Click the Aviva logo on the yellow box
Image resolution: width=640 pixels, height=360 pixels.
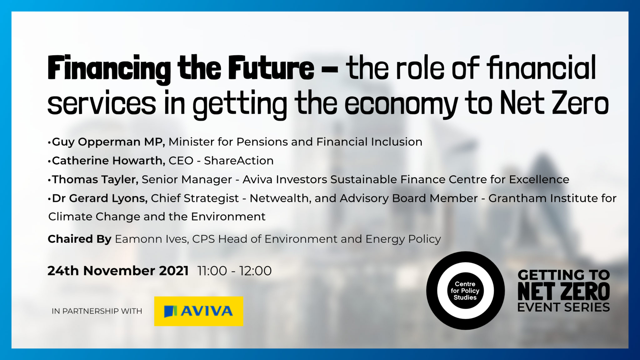(x=198, y=311)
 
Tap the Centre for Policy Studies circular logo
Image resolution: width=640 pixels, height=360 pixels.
(x=465, y=291)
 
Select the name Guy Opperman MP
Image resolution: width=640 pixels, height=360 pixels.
(x=108, y=142)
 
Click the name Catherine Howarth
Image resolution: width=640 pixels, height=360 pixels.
(x=108, y=161)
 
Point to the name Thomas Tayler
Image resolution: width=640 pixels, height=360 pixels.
(x=95, y=179)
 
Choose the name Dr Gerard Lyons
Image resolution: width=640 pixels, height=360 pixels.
(x=99, y=198)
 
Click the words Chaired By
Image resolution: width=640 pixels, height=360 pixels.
(x=79, y=239)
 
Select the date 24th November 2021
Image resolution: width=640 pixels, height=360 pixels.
(x=118, y=271)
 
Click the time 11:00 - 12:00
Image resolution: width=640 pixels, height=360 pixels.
(x=234, y=271)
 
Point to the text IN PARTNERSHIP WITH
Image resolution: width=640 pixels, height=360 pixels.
(x=97, y=311)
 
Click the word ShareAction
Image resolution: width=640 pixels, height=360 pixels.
(x=239, y=161)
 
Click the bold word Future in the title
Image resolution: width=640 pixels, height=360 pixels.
(x=271, y=68)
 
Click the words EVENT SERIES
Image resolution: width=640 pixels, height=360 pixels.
(x=563, y=307)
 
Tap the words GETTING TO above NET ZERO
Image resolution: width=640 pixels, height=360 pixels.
(x=563, y=275)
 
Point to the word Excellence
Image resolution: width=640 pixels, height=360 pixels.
(x=539, y=179)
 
